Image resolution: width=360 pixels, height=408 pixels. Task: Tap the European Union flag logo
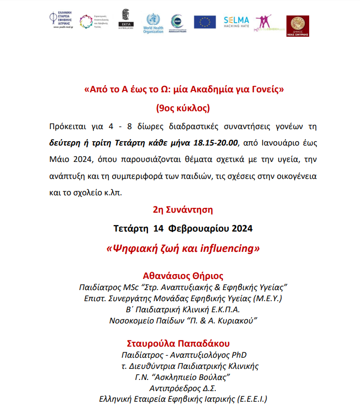205,22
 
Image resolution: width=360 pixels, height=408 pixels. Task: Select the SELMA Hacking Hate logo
236,22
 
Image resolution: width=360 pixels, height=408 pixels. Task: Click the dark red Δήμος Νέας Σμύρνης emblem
298,26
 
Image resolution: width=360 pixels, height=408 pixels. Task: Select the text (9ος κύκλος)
183,107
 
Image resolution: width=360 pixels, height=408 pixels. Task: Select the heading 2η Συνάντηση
183,210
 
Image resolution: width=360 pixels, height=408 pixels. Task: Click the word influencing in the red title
229,248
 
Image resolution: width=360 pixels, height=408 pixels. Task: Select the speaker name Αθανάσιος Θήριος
183,276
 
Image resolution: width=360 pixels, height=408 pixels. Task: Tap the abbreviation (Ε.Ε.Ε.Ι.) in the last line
248,399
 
